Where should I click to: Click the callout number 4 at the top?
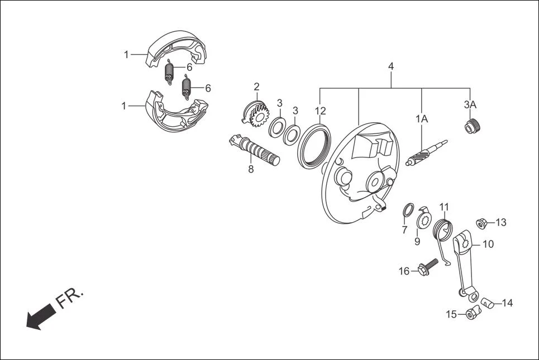[x=391, y=66]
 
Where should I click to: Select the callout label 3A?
[x=470, y=104]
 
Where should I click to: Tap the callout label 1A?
[x=421, y=118]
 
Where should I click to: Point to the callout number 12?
[x=319, y=111]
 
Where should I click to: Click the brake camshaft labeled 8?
[x=254, y=151]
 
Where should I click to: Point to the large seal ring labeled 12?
[x=314, y=146]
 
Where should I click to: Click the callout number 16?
[x=404, y=271]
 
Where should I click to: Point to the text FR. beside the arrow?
[x=70, y=299]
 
